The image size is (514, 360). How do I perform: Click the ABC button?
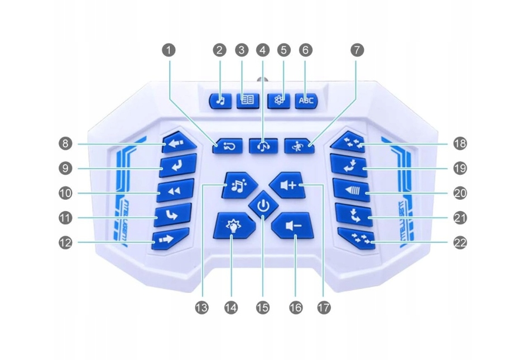pos(306,100)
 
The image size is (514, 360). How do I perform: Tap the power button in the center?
pos(264,207)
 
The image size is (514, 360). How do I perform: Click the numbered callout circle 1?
pos(169,50)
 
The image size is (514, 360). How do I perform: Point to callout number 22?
pos(460,243)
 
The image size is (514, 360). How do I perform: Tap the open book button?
pos(247,100)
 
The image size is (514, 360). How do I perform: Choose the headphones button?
pos(264,146)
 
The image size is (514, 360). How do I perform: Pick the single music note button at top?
pos(220,100)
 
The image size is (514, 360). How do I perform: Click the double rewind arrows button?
pos(175,191)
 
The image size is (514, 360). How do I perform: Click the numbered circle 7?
pos(357,50)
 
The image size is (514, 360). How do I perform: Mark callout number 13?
pos(202,306)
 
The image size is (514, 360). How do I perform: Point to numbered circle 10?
pos(66,193)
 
